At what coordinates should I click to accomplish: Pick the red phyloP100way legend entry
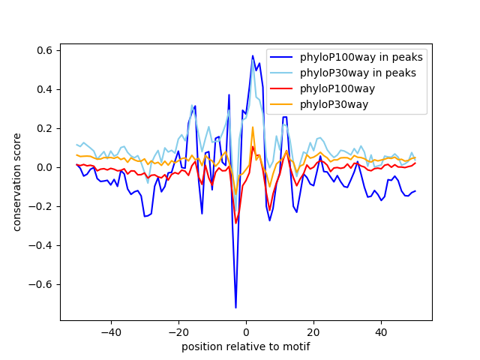346,88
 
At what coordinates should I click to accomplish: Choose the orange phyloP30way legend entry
344,104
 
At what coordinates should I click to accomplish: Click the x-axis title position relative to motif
245,346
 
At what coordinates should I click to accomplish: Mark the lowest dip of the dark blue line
235,307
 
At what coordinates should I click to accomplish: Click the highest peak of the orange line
253,127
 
